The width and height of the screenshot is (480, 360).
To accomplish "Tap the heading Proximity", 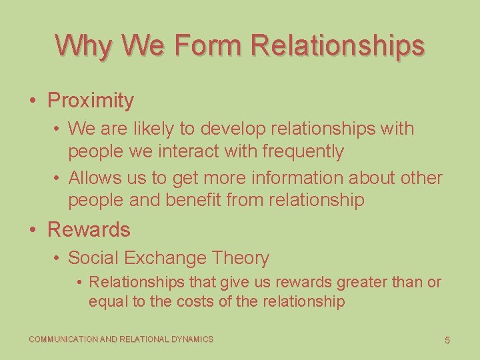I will point(91,101).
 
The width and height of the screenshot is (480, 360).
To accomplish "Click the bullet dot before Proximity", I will point(33,101).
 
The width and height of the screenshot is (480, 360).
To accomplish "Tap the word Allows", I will point(95,178).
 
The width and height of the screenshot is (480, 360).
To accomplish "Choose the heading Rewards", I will point(89,230).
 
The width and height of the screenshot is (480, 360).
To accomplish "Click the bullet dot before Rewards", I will point(33,231).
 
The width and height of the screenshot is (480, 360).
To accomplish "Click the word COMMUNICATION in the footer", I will point(63,340).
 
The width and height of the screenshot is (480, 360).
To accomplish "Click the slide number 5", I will point(447,341).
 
